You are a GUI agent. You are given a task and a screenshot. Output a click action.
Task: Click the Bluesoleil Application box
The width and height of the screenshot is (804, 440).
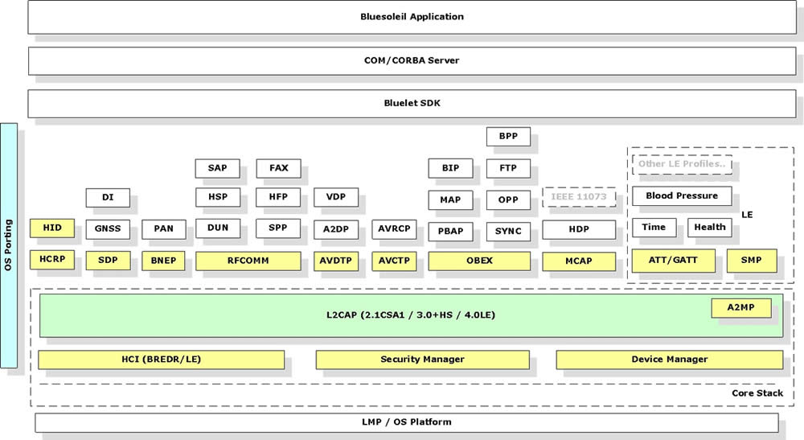coord(412,17)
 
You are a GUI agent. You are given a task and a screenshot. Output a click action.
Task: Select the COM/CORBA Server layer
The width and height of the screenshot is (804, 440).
coord(412,60)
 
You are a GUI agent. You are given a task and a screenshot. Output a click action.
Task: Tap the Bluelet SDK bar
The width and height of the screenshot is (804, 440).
coord(412,103)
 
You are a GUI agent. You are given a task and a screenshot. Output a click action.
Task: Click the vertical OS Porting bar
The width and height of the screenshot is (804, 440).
coord(9,245)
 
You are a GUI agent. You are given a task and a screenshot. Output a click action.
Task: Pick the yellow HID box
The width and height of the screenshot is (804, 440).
coord(51,228)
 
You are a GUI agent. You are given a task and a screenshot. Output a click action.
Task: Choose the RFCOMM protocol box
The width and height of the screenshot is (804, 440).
coord(248,261)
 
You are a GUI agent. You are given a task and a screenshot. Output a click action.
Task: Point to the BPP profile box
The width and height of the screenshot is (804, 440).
coord(508,137)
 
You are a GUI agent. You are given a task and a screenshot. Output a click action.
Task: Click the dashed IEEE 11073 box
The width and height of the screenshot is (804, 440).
coord(579,197)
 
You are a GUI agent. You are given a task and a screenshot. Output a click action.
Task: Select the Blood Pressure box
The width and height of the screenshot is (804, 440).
coord(682,196)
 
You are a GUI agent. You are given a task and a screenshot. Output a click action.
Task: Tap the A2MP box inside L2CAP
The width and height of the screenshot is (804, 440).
coord(741,308)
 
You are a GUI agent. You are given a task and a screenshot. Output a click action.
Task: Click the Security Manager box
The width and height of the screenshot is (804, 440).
coord(423,360)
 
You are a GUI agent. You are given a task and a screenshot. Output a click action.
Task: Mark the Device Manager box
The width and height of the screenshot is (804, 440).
coord(669,360)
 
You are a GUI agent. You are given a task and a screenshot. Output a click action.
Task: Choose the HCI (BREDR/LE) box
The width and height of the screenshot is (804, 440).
coord(161,360)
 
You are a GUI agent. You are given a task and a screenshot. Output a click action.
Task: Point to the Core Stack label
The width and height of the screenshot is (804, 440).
coord(757,393)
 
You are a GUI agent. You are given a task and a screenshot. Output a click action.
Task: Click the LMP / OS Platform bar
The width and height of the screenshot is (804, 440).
coord(407,422)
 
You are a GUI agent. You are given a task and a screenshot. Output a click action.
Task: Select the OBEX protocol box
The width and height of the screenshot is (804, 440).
coord(479,261)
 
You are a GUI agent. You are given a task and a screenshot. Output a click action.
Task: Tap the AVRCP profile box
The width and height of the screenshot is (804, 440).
coord(394,228)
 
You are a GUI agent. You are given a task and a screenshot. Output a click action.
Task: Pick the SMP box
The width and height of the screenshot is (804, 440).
coord(751,261)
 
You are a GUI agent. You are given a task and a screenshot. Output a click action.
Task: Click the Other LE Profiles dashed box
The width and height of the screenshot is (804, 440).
coord(682,164)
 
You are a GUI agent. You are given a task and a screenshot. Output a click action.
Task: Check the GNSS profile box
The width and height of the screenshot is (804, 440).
coord(108,228)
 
